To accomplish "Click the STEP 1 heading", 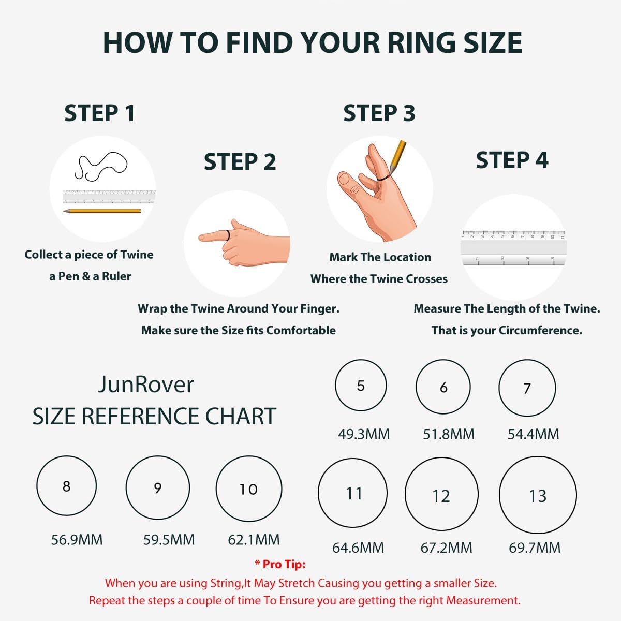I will click(99, 113).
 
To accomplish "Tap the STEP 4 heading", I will click(512, 160).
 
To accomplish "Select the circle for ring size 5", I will click(361, 386).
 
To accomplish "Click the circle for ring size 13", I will click(538, 495).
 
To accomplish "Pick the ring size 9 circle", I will click(158, 488).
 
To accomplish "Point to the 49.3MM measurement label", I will click(364, 434).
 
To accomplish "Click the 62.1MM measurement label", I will click(254, 540).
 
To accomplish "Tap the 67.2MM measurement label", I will click(446, 548).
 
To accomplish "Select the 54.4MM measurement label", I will click(533, 434).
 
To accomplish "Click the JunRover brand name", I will click(145, 385).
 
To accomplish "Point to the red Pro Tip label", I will click(280, 564).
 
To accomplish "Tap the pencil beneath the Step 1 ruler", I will click(102, 211).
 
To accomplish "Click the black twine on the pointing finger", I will click(228, 235).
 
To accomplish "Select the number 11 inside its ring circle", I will click(354, 493).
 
